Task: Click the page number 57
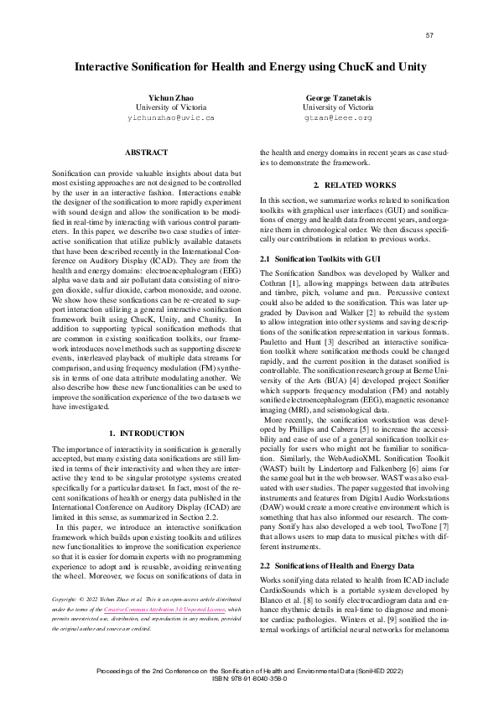[x=429, y=35]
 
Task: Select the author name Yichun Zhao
[x=170, y=98]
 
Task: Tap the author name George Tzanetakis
[x=338, y=98]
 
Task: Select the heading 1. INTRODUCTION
[x=147, y=433]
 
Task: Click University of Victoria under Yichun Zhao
[x=170, y=108]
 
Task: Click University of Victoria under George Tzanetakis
[x=338, y=108]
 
